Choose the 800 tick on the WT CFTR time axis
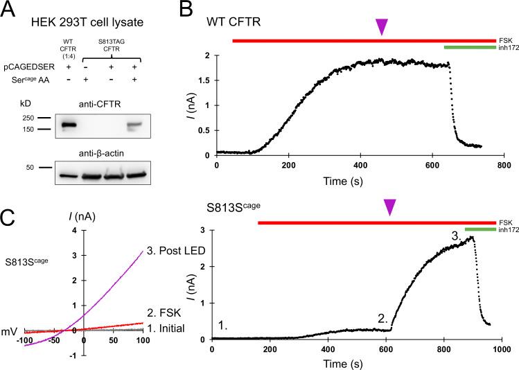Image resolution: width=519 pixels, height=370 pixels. [504, 164]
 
